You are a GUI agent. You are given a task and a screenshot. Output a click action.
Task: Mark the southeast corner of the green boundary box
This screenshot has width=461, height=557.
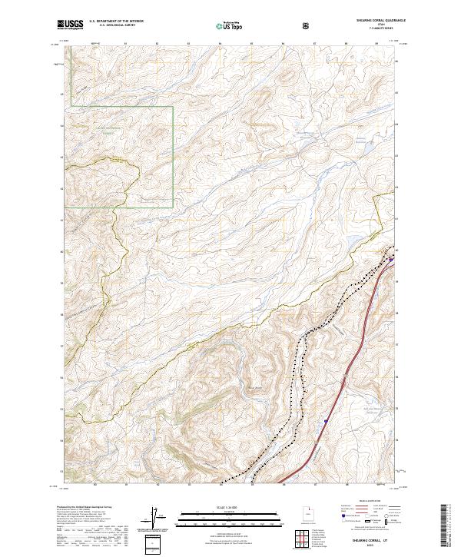173,207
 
